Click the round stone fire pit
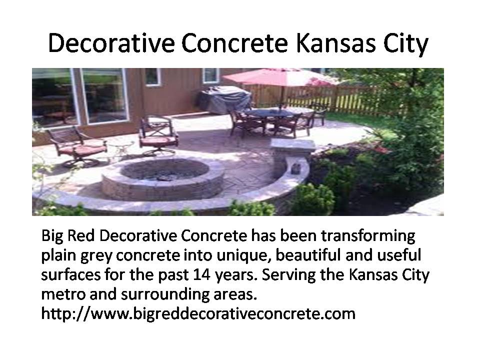[163, 178]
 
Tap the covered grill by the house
[225, 99]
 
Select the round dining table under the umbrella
[269, 113]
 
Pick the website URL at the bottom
[198, 314]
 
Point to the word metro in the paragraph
[63, 294]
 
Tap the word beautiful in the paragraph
[308, 255]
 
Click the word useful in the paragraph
[399, 255]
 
